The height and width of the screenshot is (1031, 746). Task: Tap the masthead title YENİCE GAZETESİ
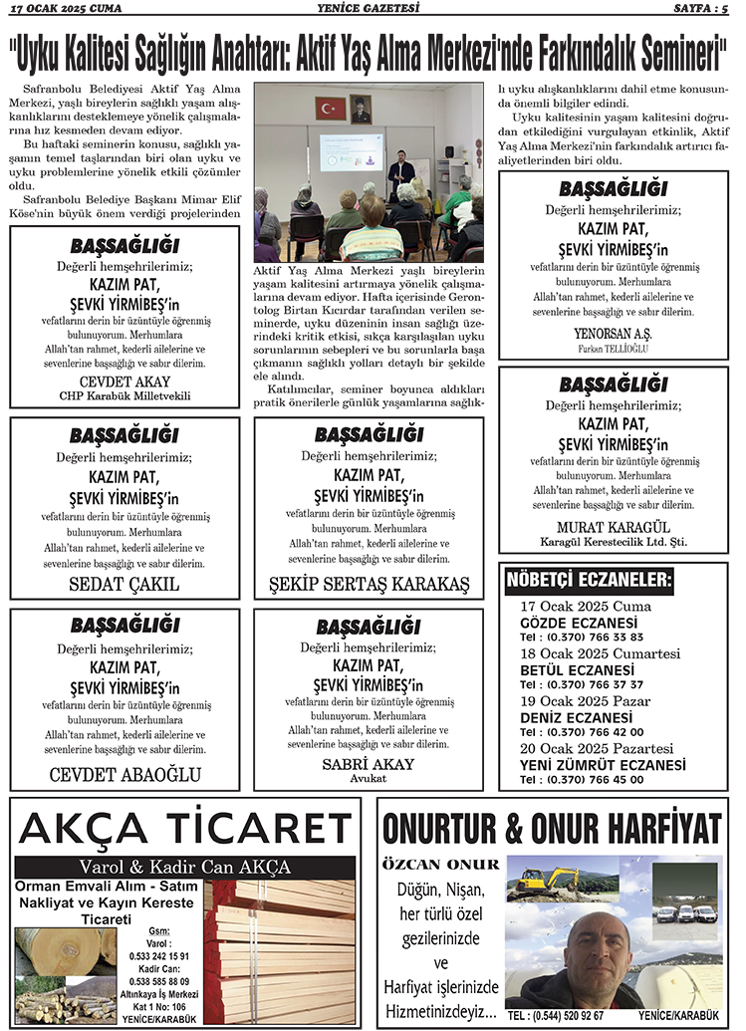click(372, 9)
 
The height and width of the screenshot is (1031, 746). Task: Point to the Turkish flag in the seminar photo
click(329, 108)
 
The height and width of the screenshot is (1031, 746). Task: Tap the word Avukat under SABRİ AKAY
click(369, 778)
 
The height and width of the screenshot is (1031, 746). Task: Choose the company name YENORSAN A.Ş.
click(612, 333)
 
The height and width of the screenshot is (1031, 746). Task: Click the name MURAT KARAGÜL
click(612, 526)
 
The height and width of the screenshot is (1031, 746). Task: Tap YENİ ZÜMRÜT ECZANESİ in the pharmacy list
click(602, 764)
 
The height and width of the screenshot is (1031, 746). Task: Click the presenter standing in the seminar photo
click(401, 171)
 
